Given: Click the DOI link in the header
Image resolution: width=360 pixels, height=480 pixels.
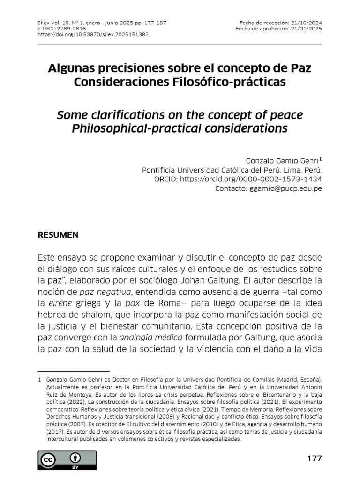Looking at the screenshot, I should tap(93, 34).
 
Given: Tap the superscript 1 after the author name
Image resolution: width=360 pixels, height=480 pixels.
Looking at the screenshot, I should tap(320, 159).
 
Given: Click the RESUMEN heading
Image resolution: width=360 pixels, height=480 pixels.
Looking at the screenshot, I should tap(58, 235).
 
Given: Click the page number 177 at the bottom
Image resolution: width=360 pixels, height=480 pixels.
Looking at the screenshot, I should tap(315, 458).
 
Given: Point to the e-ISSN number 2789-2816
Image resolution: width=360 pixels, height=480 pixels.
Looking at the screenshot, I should tap(72, 28).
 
